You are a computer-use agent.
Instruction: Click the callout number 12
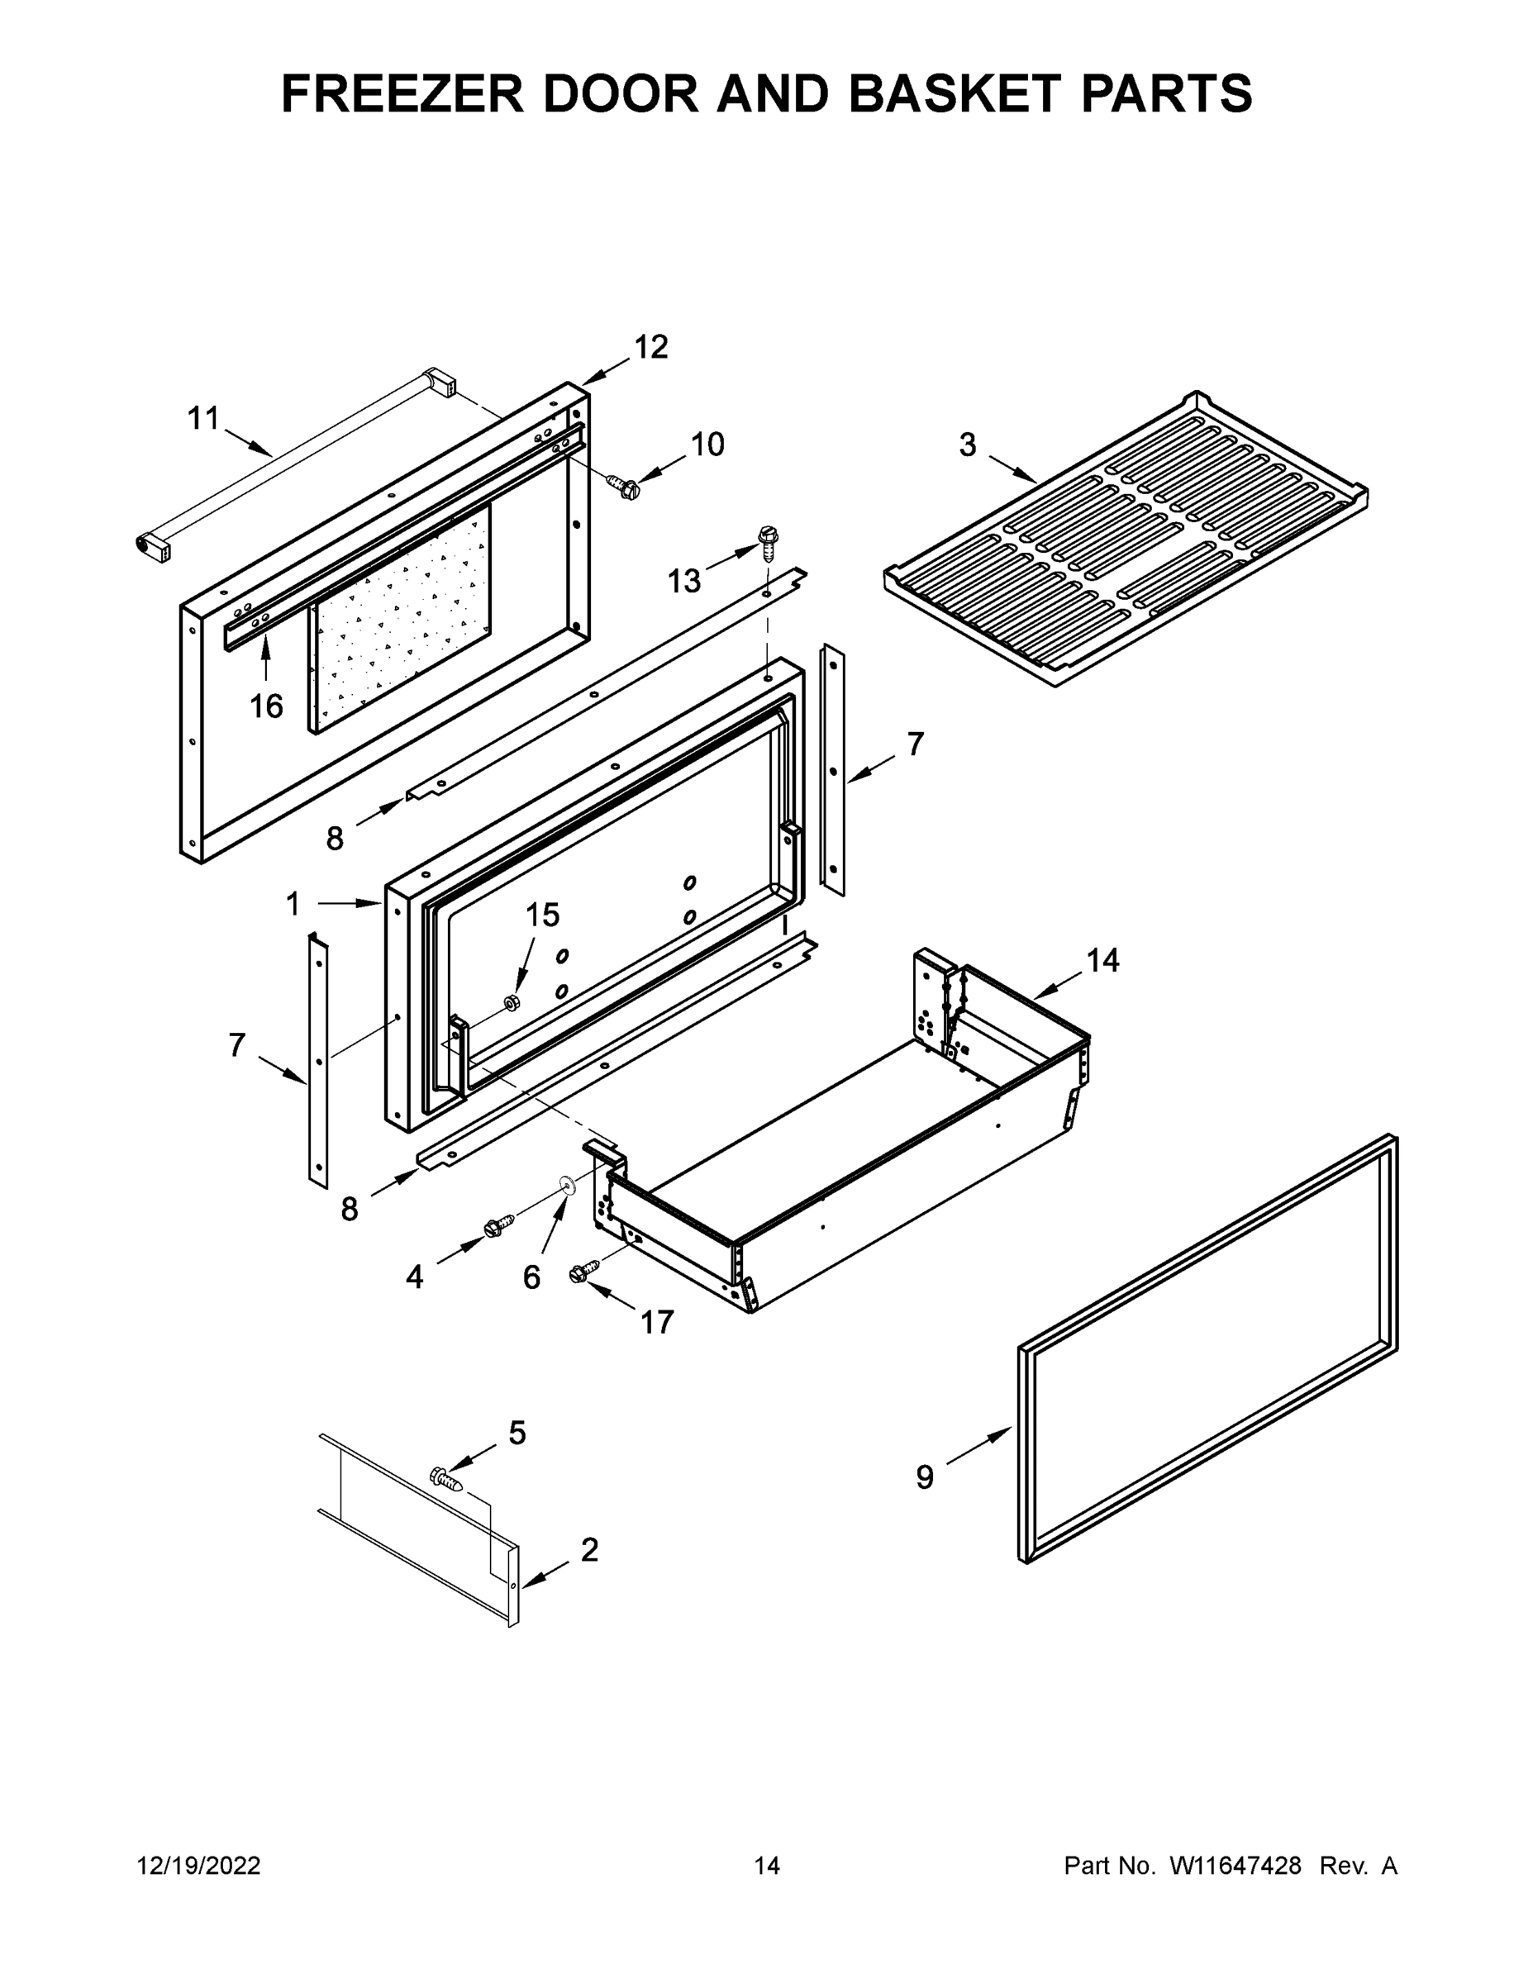pos(650,347)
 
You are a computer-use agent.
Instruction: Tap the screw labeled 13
pos(768,542)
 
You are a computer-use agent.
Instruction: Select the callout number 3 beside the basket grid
pos(967,445)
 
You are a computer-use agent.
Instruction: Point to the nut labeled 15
pos(511,1001)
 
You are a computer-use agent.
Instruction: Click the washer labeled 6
pos(568,1183)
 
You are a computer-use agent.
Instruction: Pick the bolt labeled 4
pos(499,1225)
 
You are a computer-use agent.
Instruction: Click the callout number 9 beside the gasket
pos(925,1477)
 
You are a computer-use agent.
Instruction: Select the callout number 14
pos(1102,960)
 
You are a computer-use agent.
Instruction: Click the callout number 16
pos(266,706)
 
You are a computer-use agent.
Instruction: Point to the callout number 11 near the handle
pos(203,419)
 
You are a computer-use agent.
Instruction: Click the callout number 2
pos(589,1550)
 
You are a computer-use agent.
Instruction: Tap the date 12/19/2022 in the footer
pos(199,1866)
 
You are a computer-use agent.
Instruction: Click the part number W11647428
pos(1235,1866)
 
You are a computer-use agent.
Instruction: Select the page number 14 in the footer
pos(767,1866)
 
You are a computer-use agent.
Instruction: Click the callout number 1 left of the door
pos(293,903)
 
